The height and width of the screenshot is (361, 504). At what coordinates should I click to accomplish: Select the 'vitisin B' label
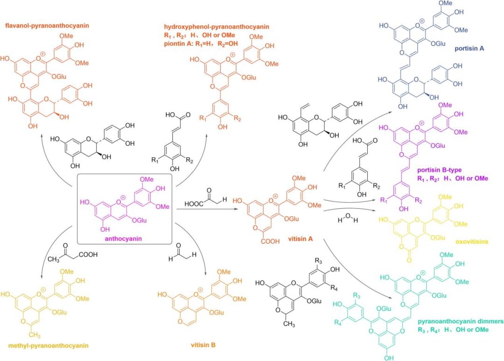click(203, 345)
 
